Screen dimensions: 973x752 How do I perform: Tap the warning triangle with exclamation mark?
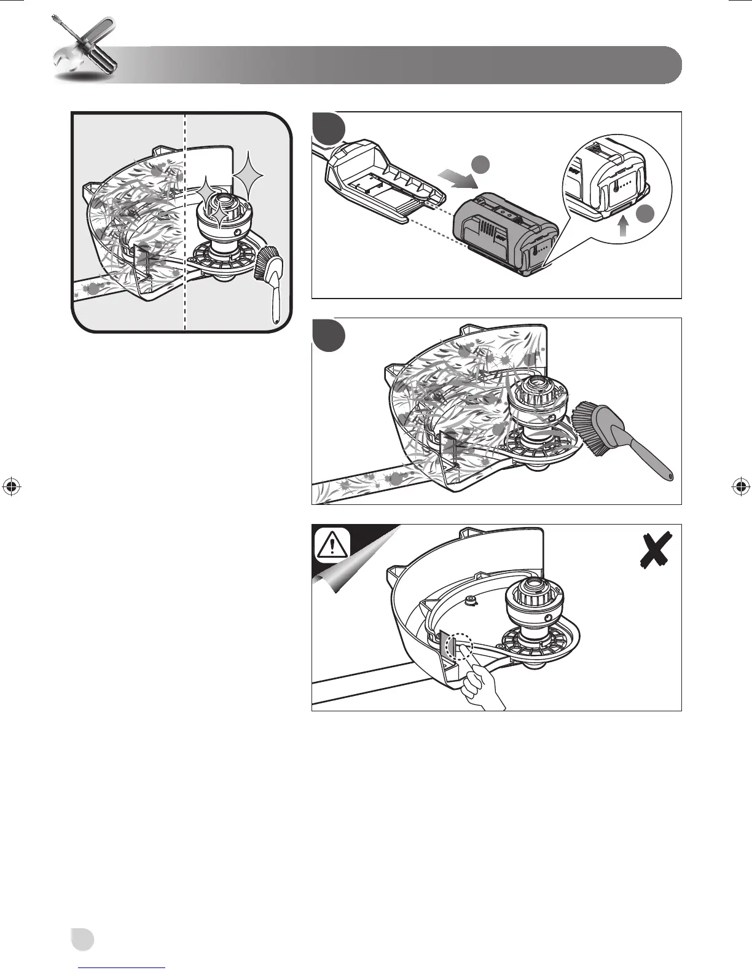click(x=332, y=544)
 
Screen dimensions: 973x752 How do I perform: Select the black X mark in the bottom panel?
click(x=656, y=549)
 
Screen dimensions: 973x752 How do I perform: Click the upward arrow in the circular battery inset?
click(x=623, y=229)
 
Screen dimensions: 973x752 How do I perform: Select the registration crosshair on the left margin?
click(x=11, y=486)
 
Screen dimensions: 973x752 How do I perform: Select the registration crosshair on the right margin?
click(x=740, y=486)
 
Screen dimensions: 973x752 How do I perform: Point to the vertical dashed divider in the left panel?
click(x=185, y=221)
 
